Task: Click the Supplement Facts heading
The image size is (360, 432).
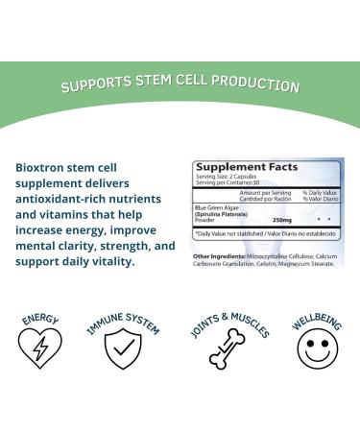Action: (235, 167)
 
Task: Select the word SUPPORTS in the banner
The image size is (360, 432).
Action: (93, 85)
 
